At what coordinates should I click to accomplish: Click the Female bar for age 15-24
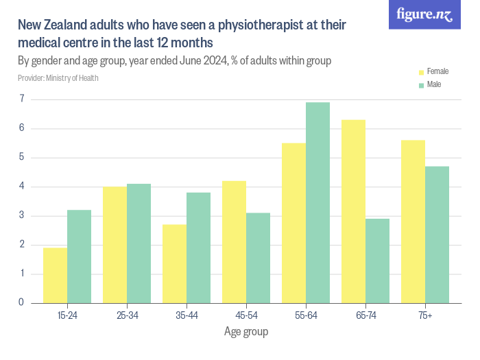click(x=55, y=275)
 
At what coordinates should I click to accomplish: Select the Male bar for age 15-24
click(x=79, y=256)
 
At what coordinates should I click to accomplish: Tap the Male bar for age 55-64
click(x=317, y=202)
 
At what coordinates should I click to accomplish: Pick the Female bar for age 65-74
click(x=353, y=211)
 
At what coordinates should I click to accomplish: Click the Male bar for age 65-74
click(x=377, y=261)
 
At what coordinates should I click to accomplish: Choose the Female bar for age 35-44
click(x=174, y=263)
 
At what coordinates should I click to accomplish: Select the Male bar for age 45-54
click(x=258, y=258)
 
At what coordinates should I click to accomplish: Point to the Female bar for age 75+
click(x=413, y=221)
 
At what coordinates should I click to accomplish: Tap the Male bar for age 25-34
click(x=139, y=243)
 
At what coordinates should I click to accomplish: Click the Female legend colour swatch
click(x=422, y=71)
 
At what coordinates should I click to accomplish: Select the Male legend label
click(x=434, y=84)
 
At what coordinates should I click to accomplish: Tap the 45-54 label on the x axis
click(x=246, y=315)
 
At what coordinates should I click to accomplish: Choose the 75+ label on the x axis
click(x=425, y=315)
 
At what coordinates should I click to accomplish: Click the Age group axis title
click(x=246, y=332)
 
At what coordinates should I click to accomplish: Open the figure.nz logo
click(x=424, y=14)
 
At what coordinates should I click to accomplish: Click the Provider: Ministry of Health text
click(x=58, y=77)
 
